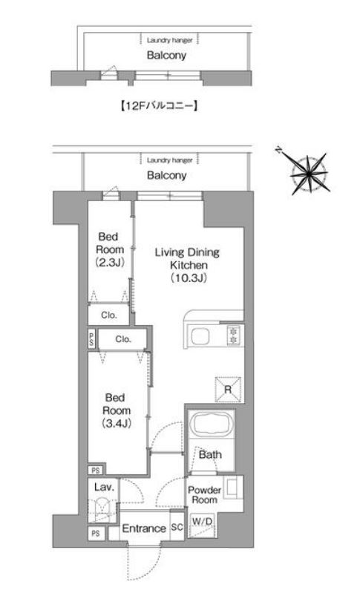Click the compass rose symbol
(309, 174)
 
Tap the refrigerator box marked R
(228, 389)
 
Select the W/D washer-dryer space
(203, 525)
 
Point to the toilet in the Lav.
(102, 508)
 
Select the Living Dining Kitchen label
(188, 264)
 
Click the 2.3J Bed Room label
(109, 249)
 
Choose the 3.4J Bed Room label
(117, 410)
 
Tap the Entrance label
(144, 528)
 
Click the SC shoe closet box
(177, 527)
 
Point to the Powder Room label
(204, 495)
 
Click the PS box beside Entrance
(96, 534)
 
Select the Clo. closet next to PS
(123, 339)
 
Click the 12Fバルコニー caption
(159, 106)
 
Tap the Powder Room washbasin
(232, 488)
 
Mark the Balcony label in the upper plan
(166, 56)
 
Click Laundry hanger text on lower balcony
(169, 160)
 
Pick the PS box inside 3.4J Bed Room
(96, 470)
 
